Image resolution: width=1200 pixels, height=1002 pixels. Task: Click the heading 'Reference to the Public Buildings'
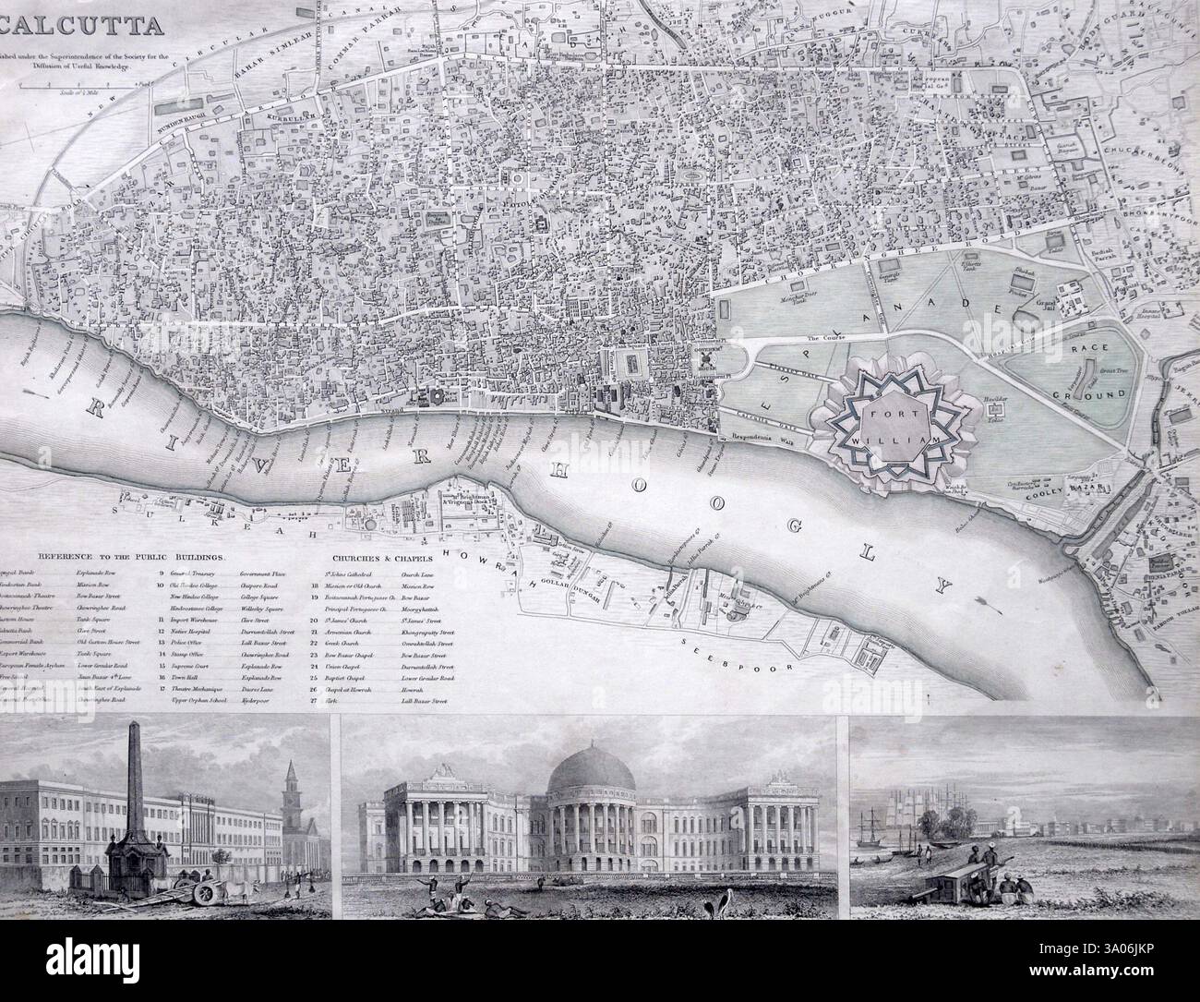[x=133, y=557]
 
